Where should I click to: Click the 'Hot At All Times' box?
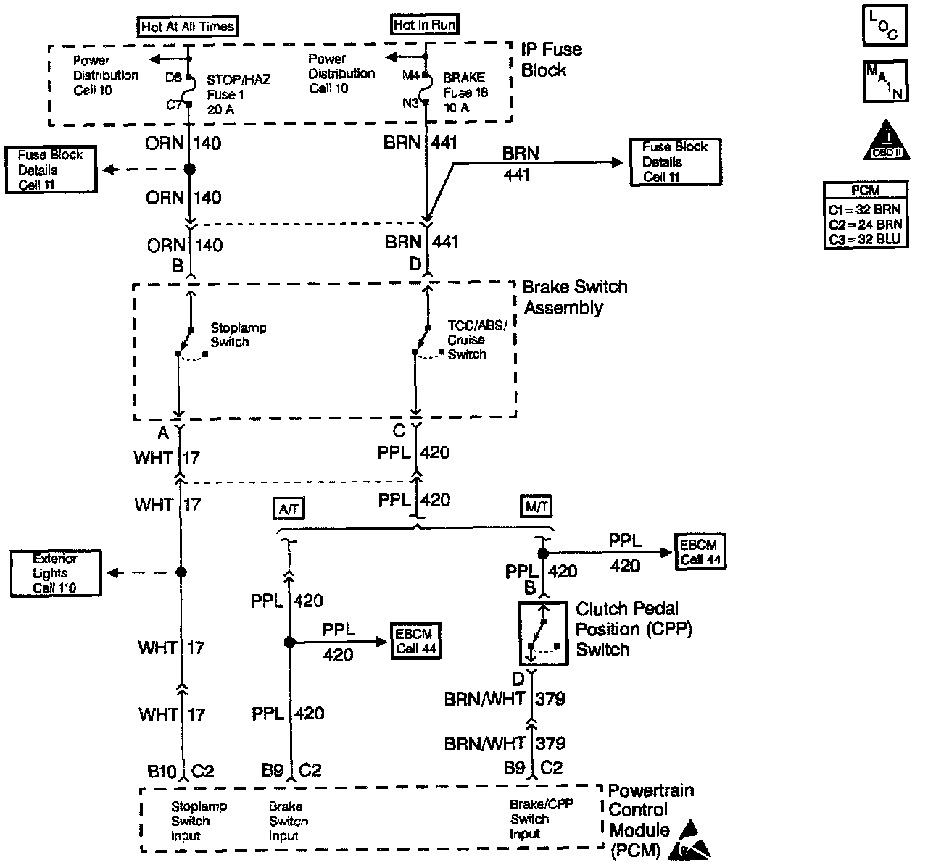point(187,26)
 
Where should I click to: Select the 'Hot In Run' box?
point(424,25)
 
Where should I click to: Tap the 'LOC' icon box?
point(884,25)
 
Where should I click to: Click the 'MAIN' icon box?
point(885,81)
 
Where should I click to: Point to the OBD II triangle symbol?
point(887,141)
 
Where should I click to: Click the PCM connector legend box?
point(866,215)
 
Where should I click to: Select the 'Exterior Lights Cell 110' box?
point(56,573)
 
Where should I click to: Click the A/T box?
point(289,509)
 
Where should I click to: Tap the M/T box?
point(536,506)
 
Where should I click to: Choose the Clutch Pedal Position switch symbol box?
point(544,633)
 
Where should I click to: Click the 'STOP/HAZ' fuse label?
point(239,80)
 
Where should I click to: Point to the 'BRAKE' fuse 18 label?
point(464,77)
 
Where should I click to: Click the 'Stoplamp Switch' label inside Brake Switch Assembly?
point(239,335)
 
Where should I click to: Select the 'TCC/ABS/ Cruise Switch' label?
point(476,340)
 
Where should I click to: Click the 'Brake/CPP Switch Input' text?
point(541,819)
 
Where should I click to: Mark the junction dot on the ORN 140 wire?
point(189,169)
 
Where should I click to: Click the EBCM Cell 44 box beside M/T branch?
point(700,551)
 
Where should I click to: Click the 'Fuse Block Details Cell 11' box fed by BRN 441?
point(675,162)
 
